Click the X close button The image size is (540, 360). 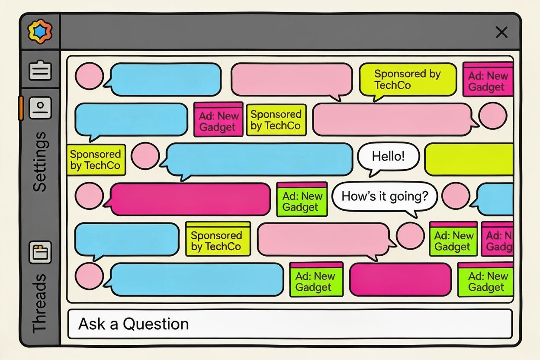(x=501, y=32)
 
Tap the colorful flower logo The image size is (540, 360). (x=40, y=32)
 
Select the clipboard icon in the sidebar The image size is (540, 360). (x=40, y=71)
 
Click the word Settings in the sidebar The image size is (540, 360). (x=40, y=161)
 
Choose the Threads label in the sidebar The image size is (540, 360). (x=40, y=303)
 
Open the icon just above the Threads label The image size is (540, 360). (x=40, y=252)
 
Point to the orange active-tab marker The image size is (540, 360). (x=21, y=108)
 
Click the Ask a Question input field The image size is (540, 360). (x=290, y=324)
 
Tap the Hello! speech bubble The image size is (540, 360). (x=388, y=157)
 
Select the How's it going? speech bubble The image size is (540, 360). (x=384, y=196)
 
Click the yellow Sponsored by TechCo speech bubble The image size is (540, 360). (x=408, y=80)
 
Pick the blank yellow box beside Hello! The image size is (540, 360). (x=469, y=159)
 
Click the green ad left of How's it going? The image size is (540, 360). (x=302, y=199)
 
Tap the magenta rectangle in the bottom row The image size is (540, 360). (x=400, y=279)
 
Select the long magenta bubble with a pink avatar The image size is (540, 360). (x=190, y=199)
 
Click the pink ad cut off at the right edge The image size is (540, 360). (x=498, y=239)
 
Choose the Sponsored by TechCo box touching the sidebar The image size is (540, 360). (x=96, y=160)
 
